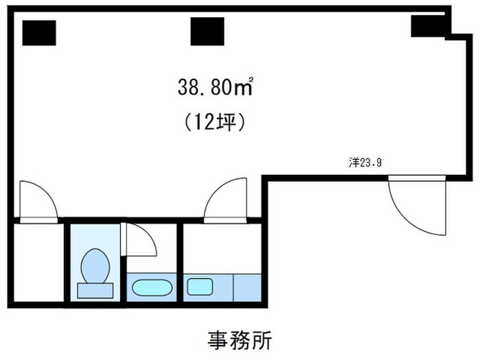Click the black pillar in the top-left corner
tap(39, 32)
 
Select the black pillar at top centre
tap(207, 32)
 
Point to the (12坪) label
tap(215, 122)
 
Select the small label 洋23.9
tap(365, 163)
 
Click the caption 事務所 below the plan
tap(239, 340)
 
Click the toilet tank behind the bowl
tap(95, 290)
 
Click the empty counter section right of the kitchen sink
tap(248, 287)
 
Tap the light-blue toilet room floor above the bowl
tap(94, 237)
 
